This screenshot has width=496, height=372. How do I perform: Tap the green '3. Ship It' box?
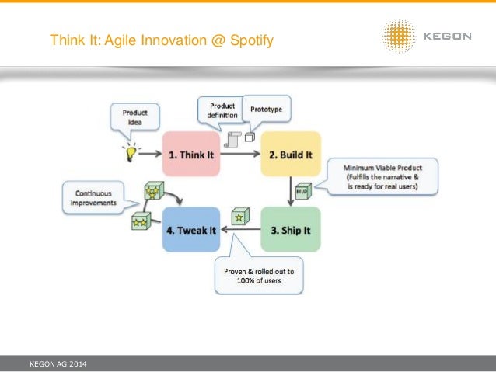[x=290, y=228]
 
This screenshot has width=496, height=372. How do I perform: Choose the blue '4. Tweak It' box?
[x=190, y=228]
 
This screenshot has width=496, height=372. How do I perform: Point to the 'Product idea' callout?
[x=134, y=119]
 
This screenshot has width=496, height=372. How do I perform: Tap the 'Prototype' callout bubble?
[x=266, y=110]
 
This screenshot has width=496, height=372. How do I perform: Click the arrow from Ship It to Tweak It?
[x=237, y=228]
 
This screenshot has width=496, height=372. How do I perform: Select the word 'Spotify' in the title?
[x=250, y=38]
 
